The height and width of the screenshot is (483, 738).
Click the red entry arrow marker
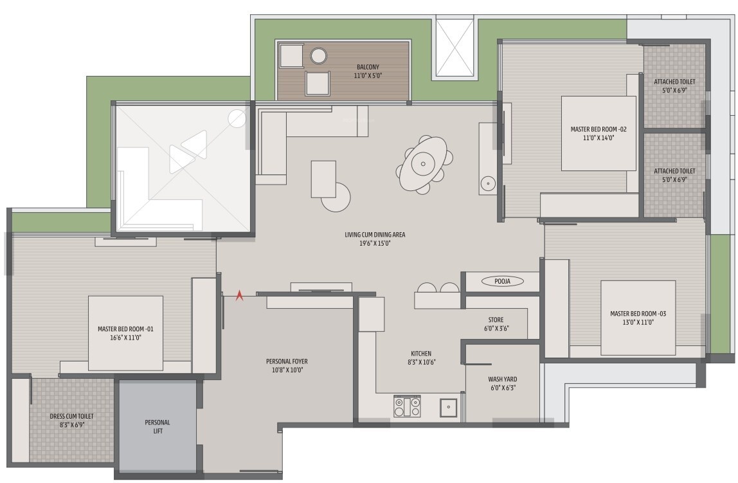click(240, 295)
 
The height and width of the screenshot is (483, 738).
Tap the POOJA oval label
click(502, 281)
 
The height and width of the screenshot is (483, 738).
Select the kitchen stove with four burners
click(407, 406)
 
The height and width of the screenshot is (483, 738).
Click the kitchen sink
click(448, 408)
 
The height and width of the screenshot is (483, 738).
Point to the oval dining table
click(423, 163)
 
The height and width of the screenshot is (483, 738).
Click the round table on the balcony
click(319, 56)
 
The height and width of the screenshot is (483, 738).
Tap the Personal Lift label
click(157, 426)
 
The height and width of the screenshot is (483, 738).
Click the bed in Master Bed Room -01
click(125, 333)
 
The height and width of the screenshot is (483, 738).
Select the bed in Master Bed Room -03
click(638, 318)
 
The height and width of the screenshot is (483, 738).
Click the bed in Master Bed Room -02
click(598, 133)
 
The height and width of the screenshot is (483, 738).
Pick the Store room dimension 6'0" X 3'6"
click(496, 329)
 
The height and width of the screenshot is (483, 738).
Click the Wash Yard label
click(502, 379)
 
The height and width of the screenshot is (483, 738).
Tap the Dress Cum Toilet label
click(71, 416)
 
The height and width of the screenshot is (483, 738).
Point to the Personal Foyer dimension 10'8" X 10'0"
click(287, 370)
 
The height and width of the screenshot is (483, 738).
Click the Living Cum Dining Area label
click(375, 235)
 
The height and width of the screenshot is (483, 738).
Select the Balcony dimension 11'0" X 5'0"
click(368, 75)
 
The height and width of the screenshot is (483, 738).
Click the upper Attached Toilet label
click(674, 82)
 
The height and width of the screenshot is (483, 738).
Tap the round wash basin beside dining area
click(488, 182)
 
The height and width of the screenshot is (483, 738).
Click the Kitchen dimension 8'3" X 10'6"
click(421, 362)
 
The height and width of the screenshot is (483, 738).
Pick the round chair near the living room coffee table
click(336, 197)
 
